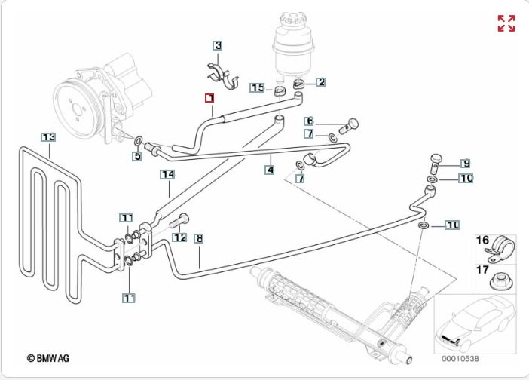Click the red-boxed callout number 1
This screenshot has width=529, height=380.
(x=209, y=98)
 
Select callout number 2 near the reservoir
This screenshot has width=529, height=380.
(x=320, y=82)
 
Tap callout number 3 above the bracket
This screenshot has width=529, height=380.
(x=217, y=46)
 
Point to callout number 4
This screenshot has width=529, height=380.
(x=269, y=170)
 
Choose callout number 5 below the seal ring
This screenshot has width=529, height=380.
(x=136, y=157)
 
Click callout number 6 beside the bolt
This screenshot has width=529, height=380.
(x=309, y=121)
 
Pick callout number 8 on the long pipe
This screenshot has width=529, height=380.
(x=199, y=239)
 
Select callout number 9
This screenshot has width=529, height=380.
(x=466, y=163)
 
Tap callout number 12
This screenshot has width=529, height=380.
(x=179, y=237)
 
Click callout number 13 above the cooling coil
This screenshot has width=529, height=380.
(x=48, y=137)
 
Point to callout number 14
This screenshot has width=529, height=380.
(x=167, y=175)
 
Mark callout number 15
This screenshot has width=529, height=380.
(x=257, y=88)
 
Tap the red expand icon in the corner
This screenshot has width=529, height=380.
(x=506, y=23)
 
